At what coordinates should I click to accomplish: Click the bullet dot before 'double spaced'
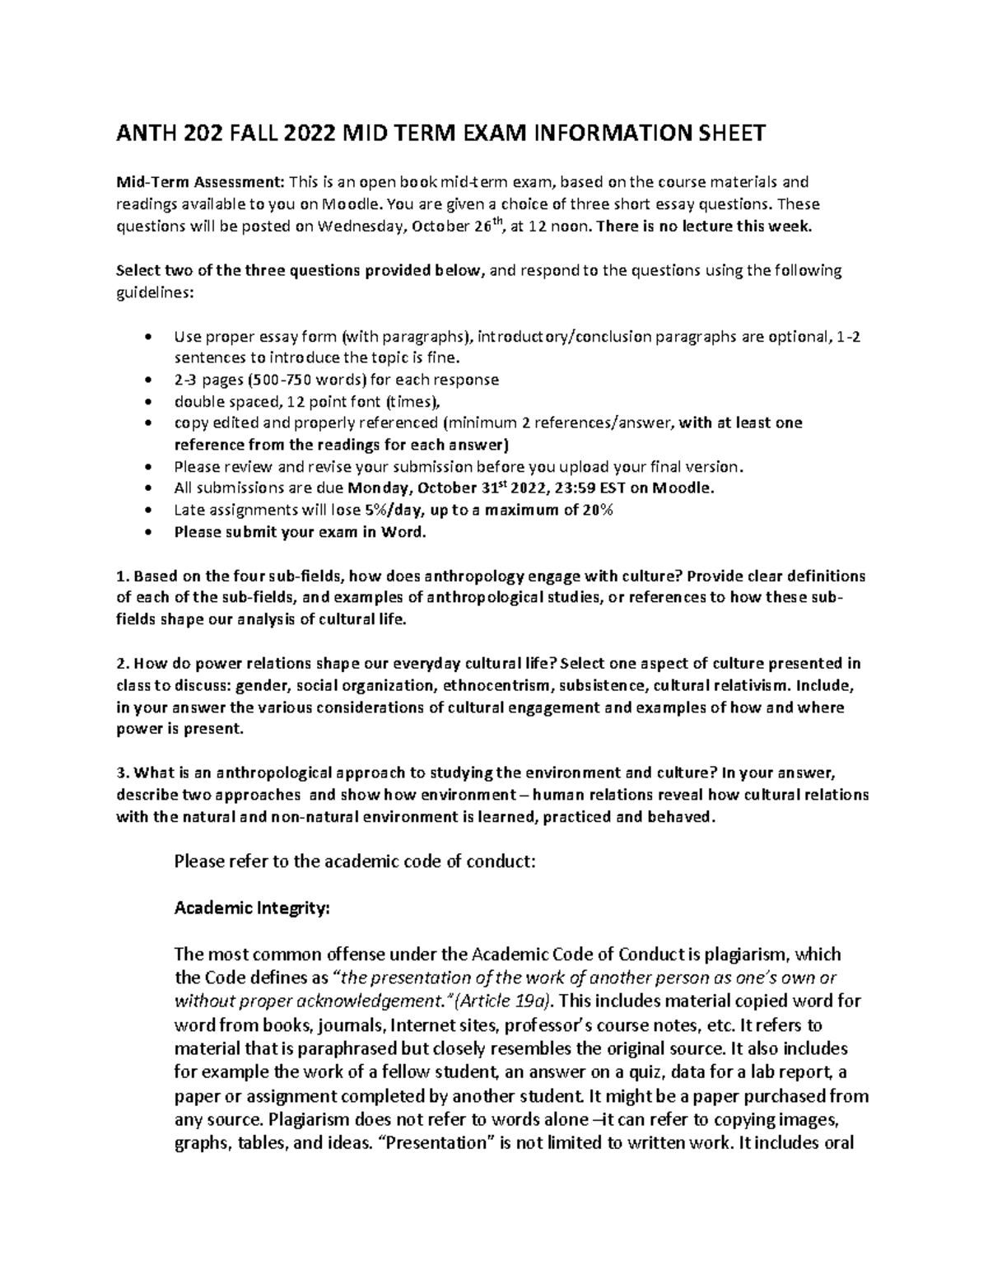pyautogui.click(x=147, y=402)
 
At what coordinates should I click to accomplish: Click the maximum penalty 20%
pyautogui.click(x=596, y=510)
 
